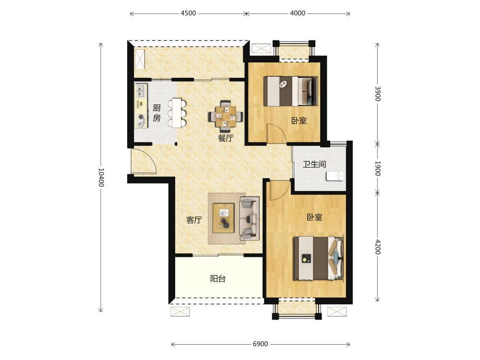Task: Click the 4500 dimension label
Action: [188, 13]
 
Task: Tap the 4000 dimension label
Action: [298, 13]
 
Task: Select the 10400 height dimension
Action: [101, 177]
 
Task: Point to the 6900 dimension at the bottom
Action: [260, 344]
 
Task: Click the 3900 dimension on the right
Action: [378, 94]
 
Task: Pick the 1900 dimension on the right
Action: [378, 168]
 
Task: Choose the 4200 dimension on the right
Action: [378, 247]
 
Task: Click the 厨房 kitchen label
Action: [157, 113]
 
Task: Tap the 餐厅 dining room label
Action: [226, 138]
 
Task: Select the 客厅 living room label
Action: [194, 220]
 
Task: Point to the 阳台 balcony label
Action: [218, 278]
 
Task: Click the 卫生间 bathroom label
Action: [314, 164]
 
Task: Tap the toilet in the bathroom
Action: [335, 176]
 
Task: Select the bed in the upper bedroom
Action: [290, 91]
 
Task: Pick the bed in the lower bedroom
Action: [318, 258]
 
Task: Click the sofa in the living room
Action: [250, 218]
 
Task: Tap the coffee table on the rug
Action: [224, 218]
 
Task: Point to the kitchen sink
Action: [141, 91]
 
